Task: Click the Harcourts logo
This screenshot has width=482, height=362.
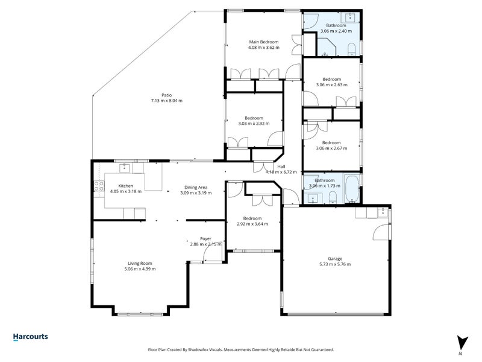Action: pos(31,337)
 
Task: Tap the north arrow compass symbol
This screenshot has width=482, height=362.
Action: pos(462,345)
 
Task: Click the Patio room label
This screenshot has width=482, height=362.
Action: pos(167,95)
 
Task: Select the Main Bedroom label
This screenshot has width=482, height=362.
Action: pos(264,42)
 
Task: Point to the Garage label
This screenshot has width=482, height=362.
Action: pos(335,259)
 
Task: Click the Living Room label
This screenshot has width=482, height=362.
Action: pos(140,264)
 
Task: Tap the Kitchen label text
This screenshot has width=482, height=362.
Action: pos(126,186)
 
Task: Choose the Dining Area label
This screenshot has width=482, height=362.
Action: pos(196,188)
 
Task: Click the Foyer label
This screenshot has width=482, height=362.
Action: pos(205,239)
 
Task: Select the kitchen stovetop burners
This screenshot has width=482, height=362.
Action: pos(99,186)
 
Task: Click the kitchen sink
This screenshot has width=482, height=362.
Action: pos(125,168)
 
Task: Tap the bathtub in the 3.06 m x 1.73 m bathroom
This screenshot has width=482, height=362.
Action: pos(352,188)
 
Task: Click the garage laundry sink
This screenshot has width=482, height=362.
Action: pos(383,212)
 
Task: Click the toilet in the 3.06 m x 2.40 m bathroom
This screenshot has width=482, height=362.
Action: pos(352,49)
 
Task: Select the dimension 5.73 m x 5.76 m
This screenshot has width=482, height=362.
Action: pos(335,264)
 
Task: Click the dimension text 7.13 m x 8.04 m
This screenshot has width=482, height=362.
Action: pos(167,101)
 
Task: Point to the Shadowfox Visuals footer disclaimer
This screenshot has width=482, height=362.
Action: pos(240,350)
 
